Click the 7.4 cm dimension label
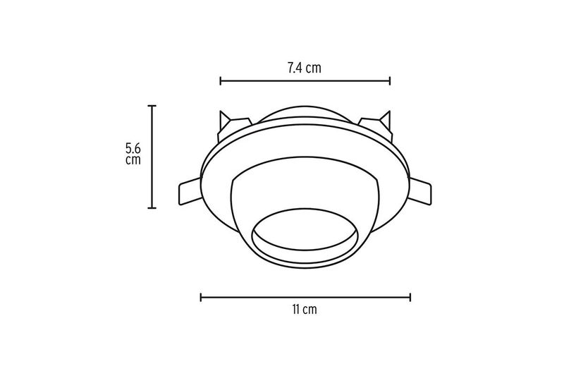click(x=305, y=68)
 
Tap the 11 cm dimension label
click(x=305, y=309)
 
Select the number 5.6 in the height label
click(x=133, y=148)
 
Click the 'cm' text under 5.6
click(x=133, y=159)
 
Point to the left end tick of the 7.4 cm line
click(x=221, y=81)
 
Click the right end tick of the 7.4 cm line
click(x=390, y=81)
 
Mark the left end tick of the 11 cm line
click(x=201, y=297)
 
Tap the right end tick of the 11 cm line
click(x=410, y=297)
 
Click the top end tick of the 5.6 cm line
click(x=152, y=106)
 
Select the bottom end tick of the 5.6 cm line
click(x=152, y=207)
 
